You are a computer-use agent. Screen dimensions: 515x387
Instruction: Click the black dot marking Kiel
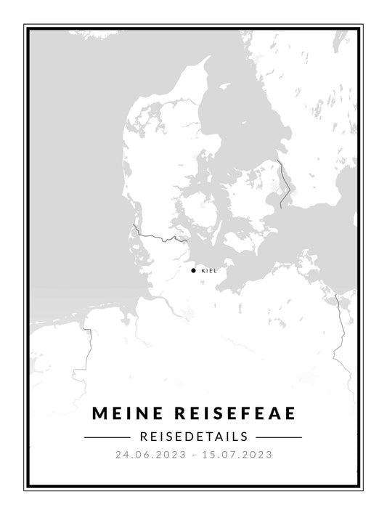193,270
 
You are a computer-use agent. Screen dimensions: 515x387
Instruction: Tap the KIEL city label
208,271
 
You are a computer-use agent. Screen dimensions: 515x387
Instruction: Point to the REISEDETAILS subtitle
193,437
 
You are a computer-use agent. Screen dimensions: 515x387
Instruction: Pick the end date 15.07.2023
239,455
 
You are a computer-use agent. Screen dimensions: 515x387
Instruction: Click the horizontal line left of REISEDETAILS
107,437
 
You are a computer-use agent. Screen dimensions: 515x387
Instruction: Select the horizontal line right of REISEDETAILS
280,437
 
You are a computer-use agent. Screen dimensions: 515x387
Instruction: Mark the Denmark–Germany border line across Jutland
156,237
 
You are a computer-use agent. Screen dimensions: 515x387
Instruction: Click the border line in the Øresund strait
283,178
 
